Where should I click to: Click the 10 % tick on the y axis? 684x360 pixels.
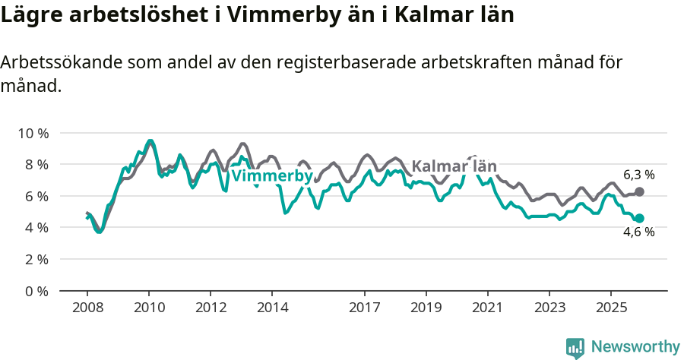click(x=32, y=133)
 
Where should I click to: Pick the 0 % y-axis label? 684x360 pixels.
click(x=35, y=291)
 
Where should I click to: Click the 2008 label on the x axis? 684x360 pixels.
click(x=87, y=308)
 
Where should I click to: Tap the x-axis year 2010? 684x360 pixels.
click(x=149, y=308)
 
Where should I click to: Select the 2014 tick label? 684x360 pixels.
click(x=272, y=308)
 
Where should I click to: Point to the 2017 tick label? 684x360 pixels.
click(x=365, y=308)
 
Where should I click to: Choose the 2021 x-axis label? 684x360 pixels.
click(x=488, y=308)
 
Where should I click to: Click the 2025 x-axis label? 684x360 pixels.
click(x=611, y=308)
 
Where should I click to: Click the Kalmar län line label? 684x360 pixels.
click(x=454, y=166)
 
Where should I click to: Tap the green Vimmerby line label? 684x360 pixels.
click(x=271, y=176)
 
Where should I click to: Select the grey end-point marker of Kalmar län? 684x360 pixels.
click(x=639, y=192)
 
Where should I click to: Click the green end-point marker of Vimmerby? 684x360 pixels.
click(x=639, y=218)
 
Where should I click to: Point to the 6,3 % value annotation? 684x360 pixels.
click(x=638, y=175)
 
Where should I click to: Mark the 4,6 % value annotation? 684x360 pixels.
click(x=638, y=232)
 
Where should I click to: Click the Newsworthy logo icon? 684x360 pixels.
click(x=575, y=347)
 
